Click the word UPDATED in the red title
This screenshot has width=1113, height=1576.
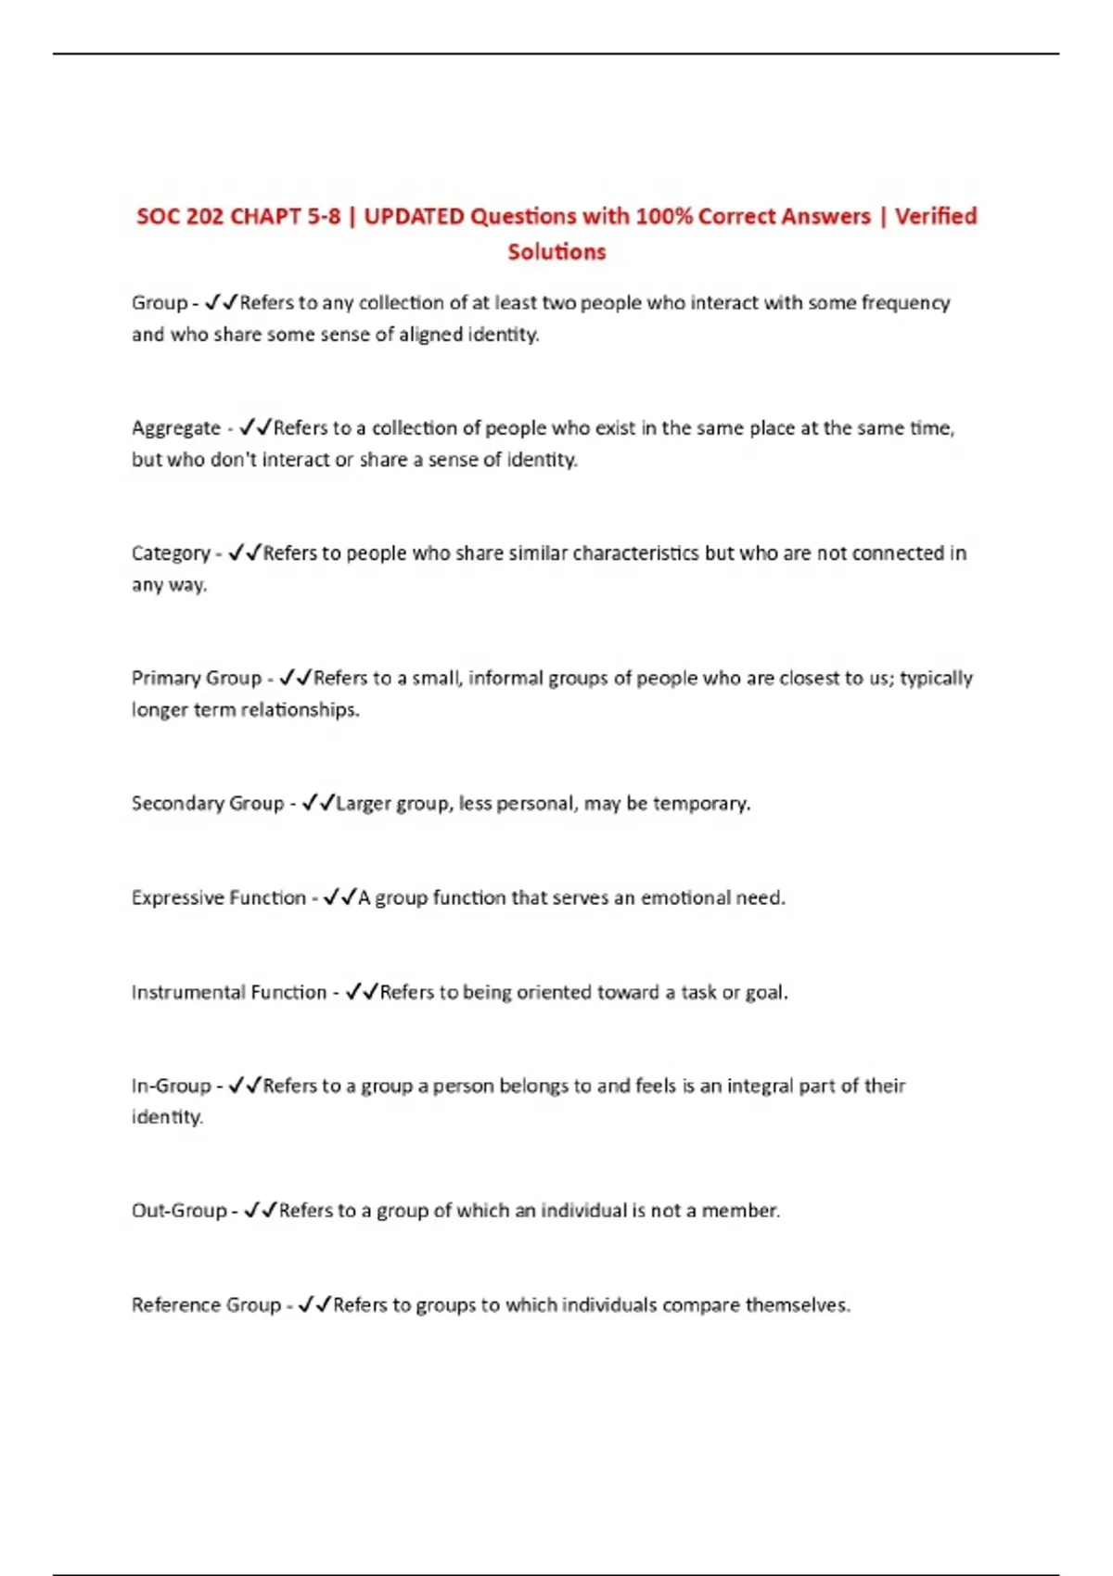click(414, 217)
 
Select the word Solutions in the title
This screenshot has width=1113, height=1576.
click(556, 252)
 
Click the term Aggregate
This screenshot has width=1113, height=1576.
click(176, 429)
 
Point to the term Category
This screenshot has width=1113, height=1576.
click(171, 554)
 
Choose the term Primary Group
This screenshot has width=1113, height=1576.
click(197, 679)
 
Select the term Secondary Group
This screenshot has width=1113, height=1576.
click(208, 804)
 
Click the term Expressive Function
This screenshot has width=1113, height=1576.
click(219, 898)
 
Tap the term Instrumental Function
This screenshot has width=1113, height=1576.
click(229, 993)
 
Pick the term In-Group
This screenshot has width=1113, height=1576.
click(172, 1087)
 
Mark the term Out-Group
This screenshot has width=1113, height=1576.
click(179, 1211)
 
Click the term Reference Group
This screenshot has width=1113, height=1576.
click(206, 1305)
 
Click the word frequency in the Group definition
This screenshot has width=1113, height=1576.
click(905, 304)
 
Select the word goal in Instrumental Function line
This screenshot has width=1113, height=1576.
click(766, 993)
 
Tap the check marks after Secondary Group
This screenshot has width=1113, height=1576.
click(317, 803)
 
